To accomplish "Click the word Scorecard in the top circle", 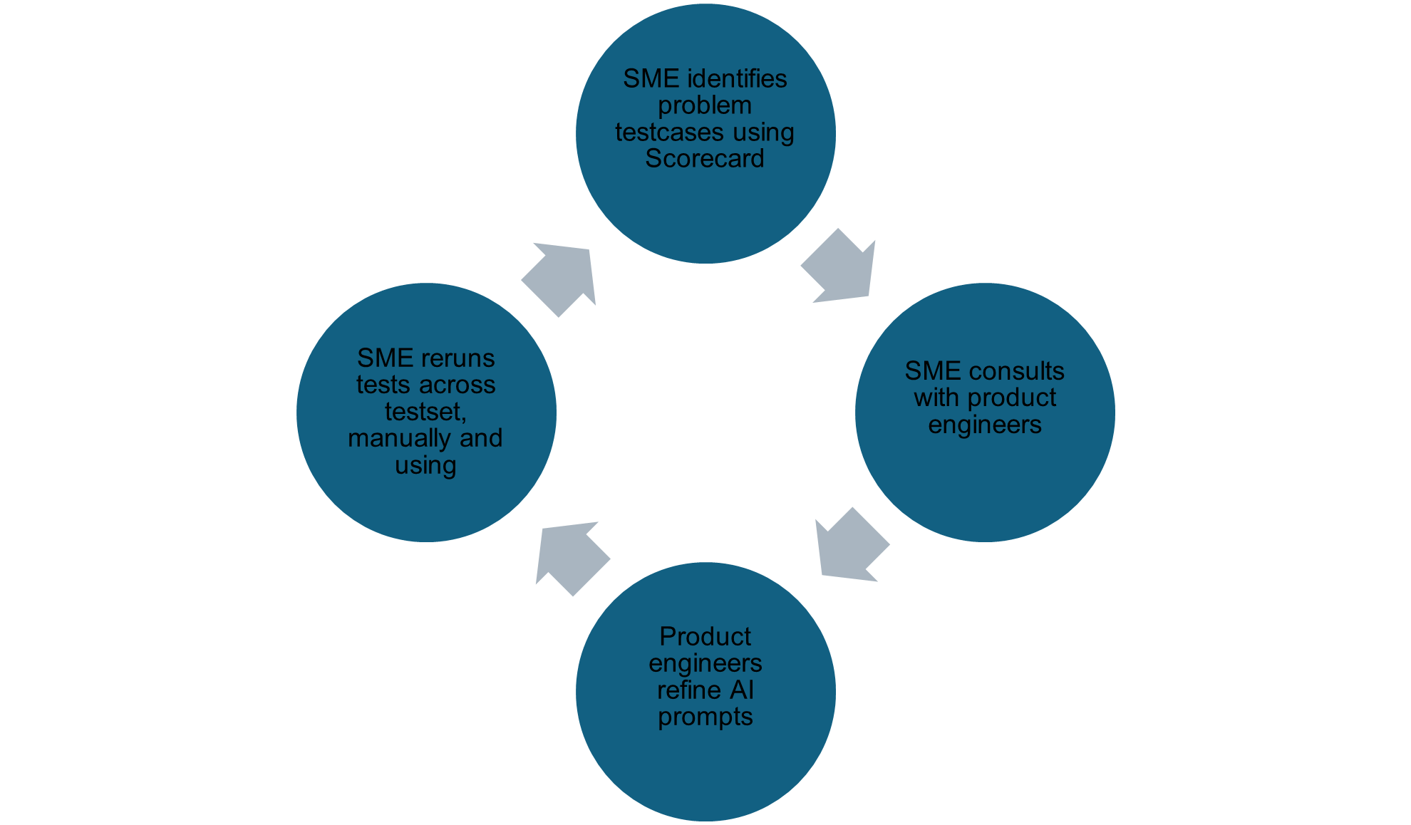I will pyautogui.click(x=704, y=159).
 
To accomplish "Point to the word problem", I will pyautogui.click(x=704, y=105).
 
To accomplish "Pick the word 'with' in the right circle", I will pyautogui.click(x=936, y=398).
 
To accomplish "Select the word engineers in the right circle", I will pyautogui.click(x=984, y=425).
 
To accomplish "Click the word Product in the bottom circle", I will pyautogui.click(x=705, y=635).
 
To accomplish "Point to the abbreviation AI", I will pyautogui.click(x=742, y=690).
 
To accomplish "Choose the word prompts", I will pyautogui.click(x=705, y=717).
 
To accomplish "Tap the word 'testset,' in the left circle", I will pyautogui.click(x=425, y=411).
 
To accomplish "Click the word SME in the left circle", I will pyautogui.click(x=385, y=358).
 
